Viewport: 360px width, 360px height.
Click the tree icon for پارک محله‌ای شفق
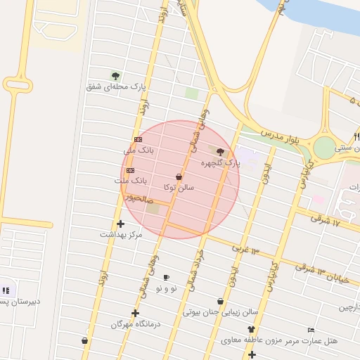[x=115, y=76]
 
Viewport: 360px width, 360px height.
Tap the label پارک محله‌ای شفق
[x=115, y=87]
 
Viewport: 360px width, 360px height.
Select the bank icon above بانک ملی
[x=138, y=140]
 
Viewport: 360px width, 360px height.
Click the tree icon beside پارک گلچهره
[x=220, y=152]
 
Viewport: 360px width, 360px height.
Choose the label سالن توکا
[x=179, y=188]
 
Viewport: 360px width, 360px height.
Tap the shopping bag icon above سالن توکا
[x=179, y=177]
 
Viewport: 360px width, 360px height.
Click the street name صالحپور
[x=139, y=199]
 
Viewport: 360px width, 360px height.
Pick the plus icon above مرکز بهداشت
[x=121, y=224]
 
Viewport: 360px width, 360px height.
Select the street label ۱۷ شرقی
[x=326, y=221]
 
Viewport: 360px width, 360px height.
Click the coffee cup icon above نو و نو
[x=167, y=277]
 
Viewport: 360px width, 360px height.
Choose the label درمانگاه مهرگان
[x=136, y=324]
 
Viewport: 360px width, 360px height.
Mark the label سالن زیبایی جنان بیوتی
[x=221, y=311]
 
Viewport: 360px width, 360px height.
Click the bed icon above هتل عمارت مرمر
[x=311, y=330]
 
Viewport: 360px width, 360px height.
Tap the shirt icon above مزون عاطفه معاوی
[x=251, y=329]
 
